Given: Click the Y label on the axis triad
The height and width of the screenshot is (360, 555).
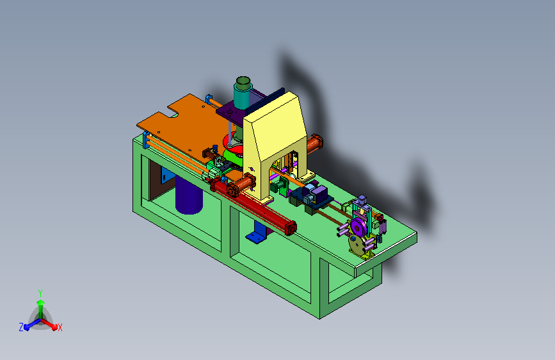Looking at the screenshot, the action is click(x=40, y=293).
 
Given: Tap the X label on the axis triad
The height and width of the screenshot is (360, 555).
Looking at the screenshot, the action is click(x=60, y=328).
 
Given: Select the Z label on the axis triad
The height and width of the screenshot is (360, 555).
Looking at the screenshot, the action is click(x=21, y=327).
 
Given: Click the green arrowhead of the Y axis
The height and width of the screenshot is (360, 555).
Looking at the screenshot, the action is click(x=41, y=303).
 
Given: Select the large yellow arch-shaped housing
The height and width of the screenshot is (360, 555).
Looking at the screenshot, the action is click(x=275, y=142).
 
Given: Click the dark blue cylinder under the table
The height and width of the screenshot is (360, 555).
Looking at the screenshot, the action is click(x=189, y=195).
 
